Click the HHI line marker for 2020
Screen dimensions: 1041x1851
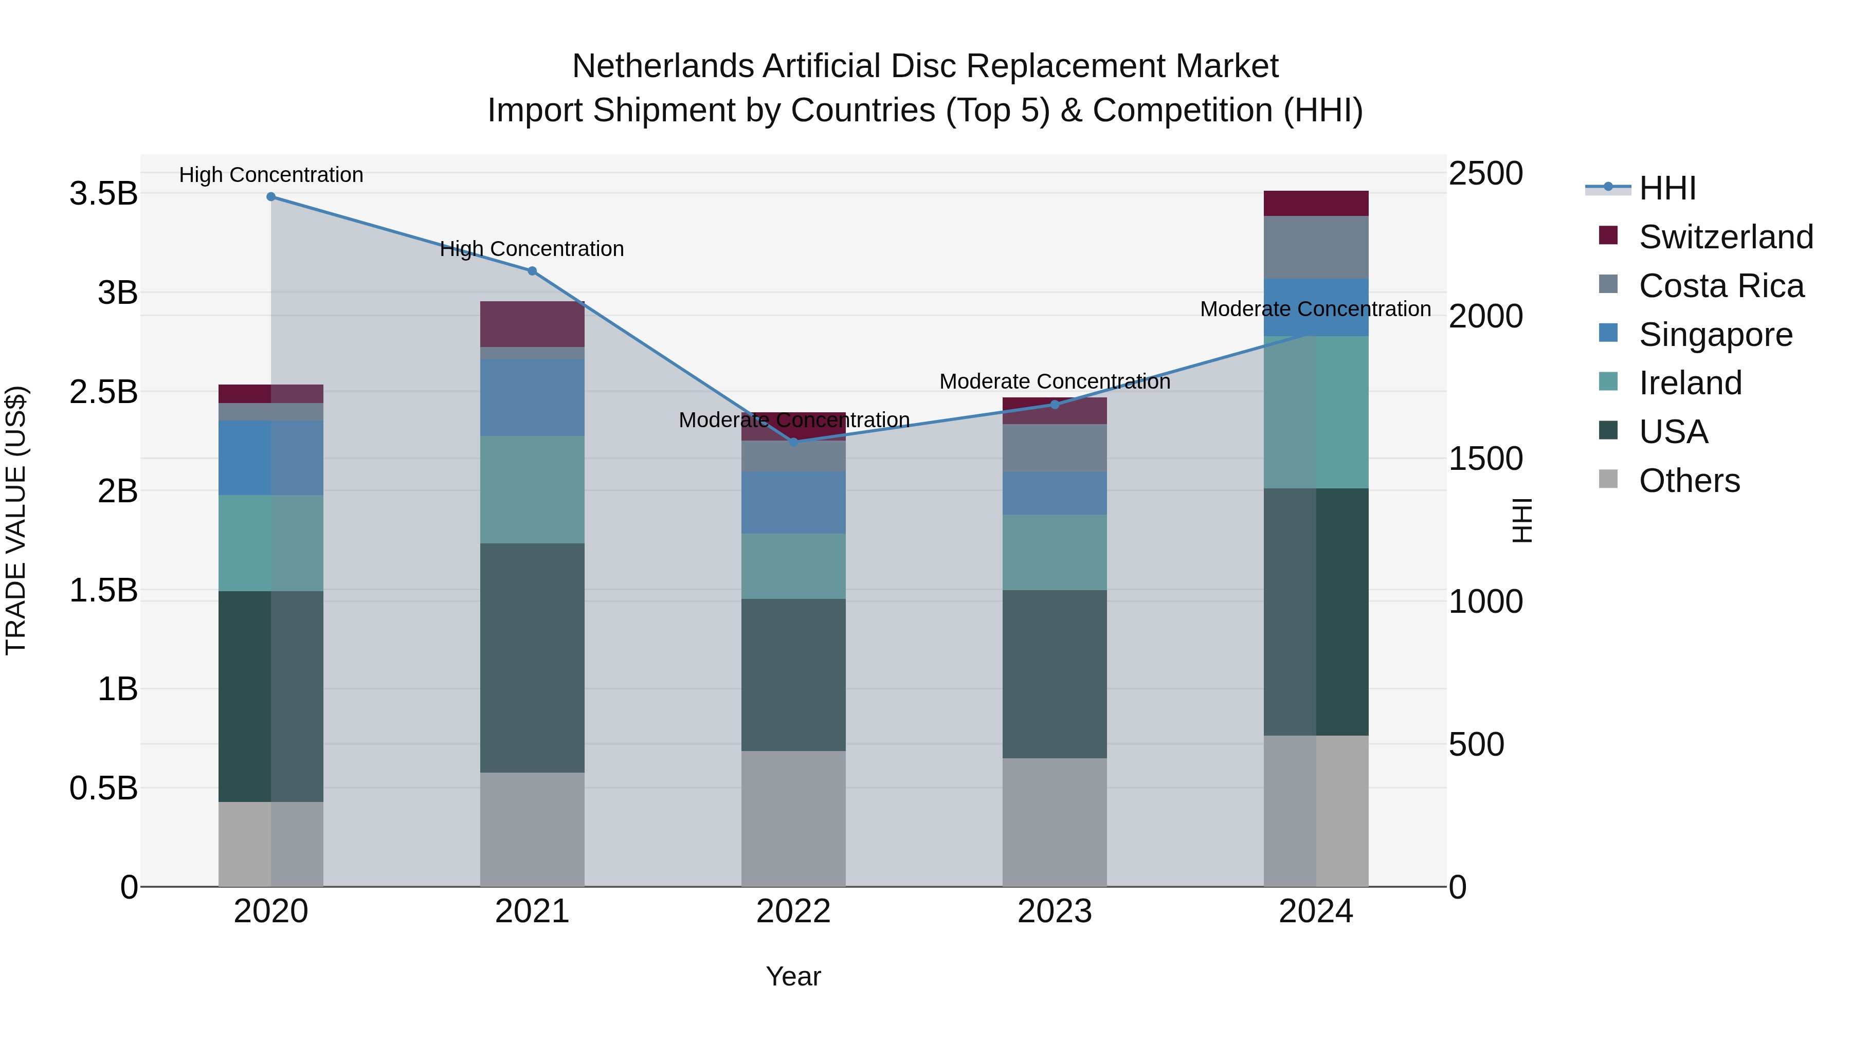pos(271,196)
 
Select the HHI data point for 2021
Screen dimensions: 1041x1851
pos(532,271)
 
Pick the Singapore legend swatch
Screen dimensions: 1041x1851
pos(1608,333)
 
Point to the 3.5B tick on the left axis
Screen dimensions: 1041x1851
pos(103,194)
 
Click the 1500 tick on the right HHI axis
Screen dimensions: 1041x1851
pos(1484,459)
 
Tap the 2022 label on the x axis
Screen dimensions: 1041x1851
pos(793,911)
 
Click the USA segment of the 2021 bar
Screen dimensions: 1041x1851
pos(532,658)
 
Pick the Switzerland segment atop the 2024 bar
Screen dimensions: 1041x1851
pos(1316,203)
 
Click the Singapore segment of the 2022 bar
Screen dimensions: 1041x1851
pos(793,502)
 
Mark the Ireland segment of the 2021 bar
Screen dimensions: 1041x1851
pos(532,489)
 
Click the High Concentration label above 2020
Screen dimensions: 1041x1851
pos(271,175)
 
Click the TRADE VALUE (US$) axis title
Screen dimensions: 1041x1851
pos(16,520)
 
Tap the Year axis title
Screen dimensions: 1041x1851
pos(793,976)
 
